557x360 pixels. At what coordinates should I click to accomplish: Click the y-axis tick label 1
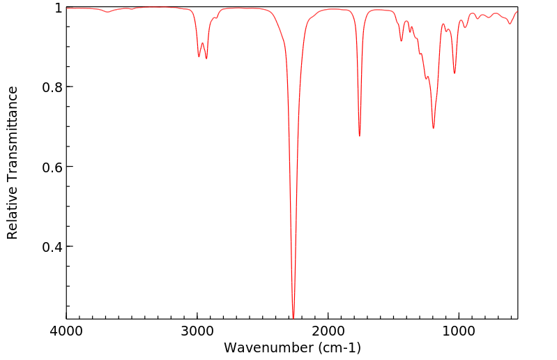[58, 8]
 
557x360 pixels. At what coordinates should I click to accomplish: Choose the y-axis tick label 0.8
[52, 87]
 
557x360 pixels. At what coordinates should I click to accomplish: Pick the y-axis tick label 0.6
[52, 167]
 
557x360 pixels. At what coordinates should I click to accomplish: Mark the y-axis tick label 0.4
[52, 247]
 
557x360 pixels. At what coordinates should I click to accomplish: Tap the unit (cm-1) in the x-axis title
[337, 347]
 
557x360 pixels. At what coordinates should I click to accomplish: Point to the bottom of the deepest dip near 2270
[293, 318]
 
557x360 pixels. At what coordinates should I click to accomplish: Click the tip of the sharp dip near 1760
[360, 136]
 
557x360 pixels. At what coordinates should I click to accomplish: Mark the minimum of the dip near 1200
[433, 128]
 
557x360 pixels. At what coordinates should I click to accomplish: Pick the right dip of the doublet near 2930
[206, 59]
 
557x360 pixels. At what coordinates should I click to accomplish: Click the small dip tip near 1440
[402, 41]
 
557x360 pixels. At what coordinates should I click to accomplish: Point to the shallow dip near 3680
[108, 12]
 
